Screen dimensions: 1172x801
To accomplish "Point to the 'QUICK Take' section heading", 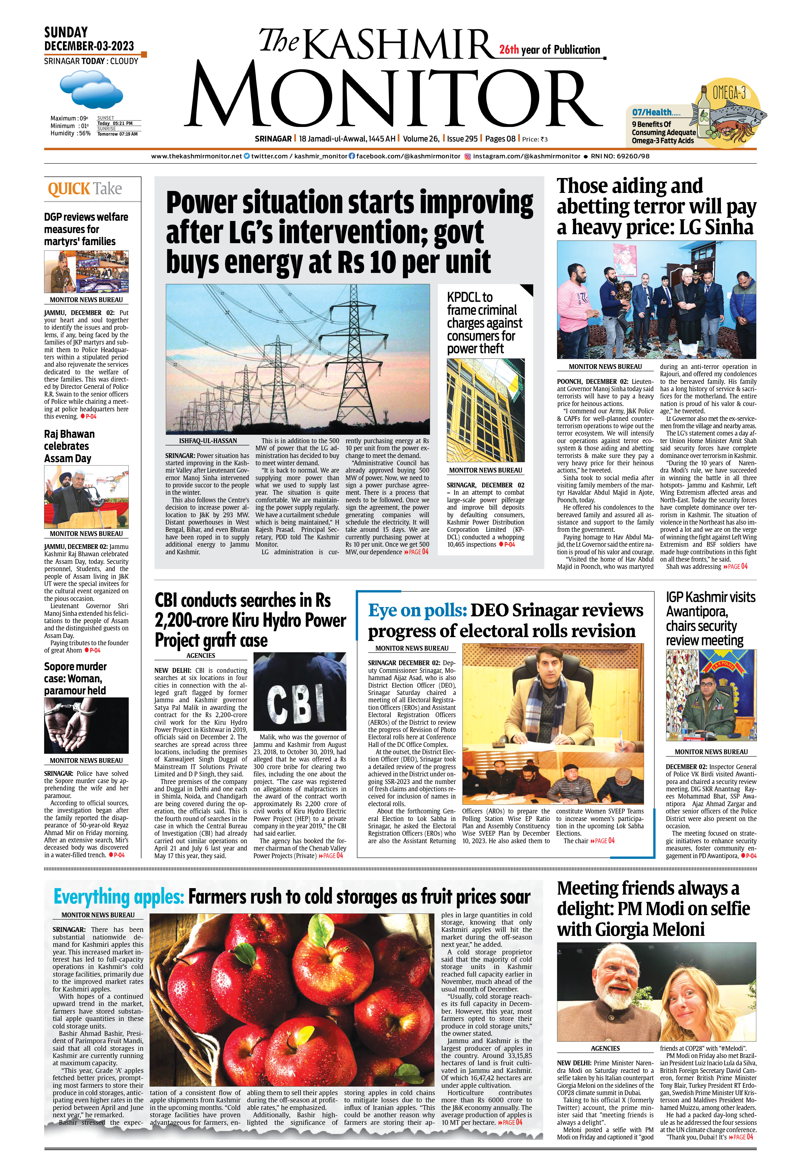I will pyautogui.click(x=85, y=189).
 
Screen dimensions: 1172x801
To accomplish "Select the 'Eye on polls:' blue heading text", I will pyautogui.click(x=417, y=610).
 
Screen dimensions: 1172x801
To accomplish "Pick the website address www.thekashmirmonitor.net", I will pyautogui.click(x=196, y=156).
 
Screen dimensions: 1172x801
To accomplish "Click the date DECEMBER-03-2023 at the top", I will pyautogui.click(x=89, y=46).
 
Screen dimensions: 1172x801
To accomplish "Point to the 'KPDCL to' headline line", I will pyautogui.click(x=469, y=297).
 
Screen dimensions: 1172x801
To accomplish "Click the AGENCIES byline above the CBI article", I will pyautogui.click(x=201, y=656).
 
